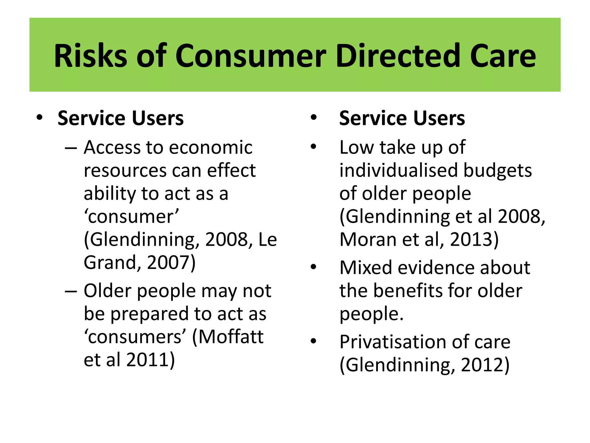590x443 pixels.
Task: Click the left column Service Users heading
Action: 120,118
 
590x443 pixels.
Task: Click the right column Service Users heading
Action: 402,118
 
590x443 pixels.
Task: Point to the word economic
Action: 211,148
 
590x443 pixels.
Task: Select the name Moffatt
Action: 231,337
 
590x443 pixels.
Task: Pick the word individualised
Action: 398,170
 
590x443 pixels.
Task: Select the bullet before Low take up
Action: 313,147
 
